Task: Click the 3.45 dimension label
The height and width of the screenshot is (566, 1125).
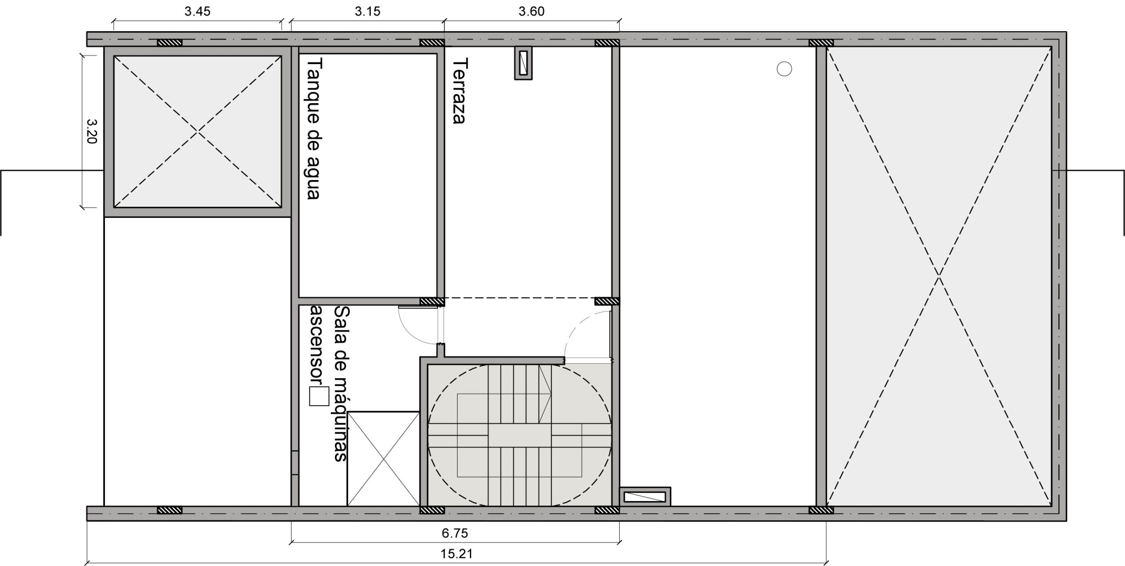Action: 197,11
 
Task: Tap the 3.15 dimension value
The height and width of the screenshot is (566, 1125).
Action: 367,11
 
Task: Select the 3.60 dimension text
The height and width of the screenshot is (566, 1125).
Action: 531,11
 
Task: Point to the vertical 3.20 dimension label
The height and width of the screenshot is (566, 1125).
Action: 91,131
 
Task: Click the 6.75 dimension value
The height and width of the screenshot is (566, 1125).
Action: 455,534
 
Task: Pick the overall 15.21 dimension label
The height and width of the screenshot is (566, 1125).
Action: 457,554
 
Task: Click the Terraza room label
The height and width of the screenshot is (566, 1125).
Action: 459,91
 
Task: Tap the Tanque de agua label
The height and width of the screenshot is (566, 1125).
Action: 313,129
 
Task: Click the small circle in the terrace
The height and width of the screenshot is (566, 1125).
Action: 784,69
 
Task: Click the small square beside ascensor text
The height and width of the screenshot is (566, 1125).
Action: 319,396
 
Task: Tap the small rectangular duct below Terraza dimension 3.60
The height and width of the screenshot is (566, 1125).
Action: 523,63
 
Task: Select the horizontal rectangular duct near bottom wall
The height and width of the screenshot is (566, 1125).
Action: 645,497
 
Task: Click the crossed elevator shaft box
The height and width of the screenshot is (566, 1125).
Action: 384,459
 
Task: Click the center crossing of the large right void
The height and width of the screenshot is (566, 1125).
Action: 939,276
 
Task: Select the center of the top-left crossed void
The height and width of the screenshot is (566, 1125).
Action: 198,131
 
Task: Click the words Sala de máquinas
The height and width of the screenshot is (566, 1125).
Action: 341,383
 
